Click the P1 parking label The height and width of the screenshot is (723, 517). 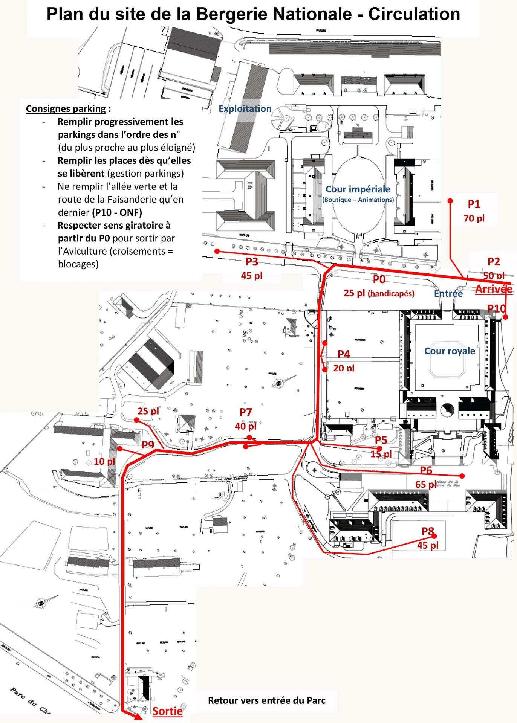[x=474, y=204]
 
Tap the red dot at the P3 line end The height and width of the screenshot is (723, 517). [x=217, y=251]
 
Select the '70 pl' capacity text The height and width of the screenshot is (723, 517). [x=474, y=218]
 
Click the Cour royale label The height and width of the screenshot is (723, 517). [x=450, y=351]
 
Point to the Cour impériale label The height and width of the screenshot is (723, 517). [x=358, y=189]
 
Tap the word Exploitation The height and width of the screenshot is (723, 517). [x=245, y=109]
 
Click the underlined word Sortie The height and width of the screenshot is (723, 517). [x=167, y=711]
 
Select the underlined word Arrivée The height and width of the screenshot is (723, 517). [x=494, y=289]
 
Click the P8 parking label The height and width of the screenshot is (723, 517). [x=427, y=531]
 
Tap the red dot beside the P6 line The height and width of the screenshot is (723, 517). [x=462, y=476]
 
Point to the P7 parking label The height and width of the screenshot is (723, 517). [x=245, y=412]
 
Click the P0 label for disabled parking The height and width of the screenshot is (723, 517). [x=379, y=279]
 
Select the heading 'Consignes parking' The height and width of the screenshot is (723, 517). [x=66, y=109]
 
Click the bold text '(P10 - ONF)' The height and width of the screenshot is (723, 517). [x=117, y=212]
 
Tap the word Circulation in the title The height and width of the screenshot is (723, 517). [x=414, y=14]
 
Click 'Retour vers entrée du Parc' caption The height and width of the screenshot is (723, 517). [x=266, y=700]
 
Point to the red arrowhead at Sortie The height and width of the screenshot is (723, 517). [x=139, y=718]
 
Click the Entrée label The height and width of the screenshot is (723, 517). [x=448, y=293]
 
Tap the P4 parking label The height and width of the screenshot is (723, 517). [x=344, y=354]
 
